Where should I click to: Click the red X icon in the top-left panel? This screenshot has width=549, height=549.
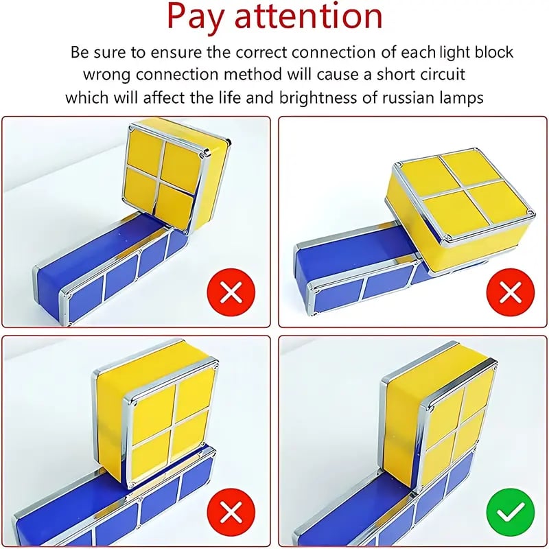pos(231,294)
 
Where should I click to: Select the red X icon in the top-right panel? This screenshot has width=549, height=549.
pos(510,294)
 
